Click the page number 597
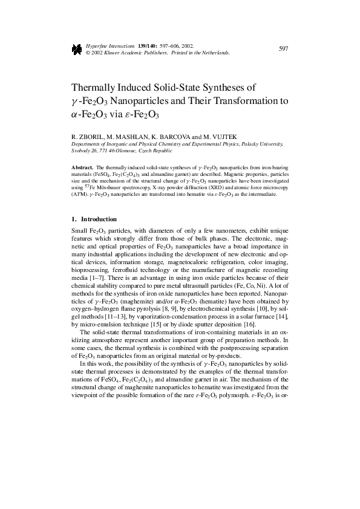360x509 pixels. click(x=283, y=49)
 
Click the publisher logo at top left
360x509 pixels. click(x=77, y=50)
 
